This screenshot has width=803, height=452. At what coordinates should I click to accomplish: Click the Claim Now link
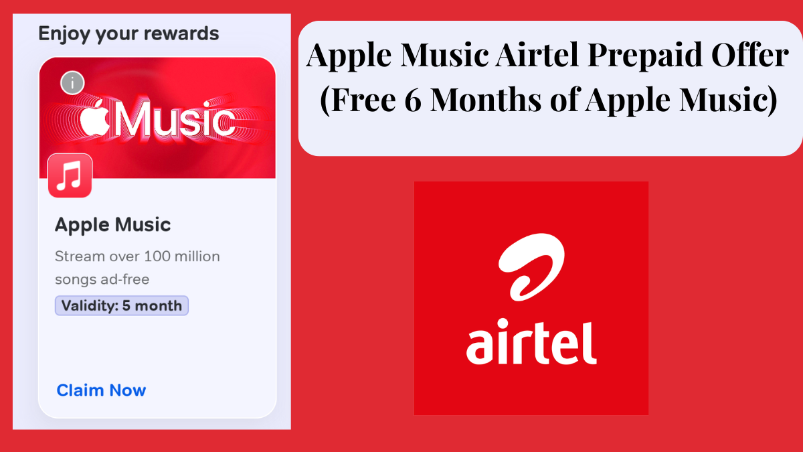click(x=101, y=390)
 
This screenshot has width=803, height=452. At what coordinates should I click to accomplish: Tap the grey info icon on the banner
click(x=72, y=83)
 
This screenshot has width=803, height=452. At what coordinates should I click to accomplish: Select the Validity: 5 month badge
click(x=122, y=306)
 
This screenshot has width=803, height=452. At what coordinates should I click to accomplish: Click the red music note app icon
click(x=70, y=175)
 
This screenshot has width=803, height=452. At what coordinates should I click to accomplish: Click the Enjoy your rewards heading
click(x=128, y=33)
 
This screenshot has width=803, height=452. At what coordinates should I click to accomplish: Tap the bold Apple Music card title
click(x=112, y=225)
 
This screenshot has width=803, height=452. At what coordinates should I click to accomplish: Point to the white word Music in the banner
click(x=175, y=121)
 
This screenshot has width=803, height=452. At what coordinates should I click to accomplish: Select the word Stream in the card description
click(x=78, y=256)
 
